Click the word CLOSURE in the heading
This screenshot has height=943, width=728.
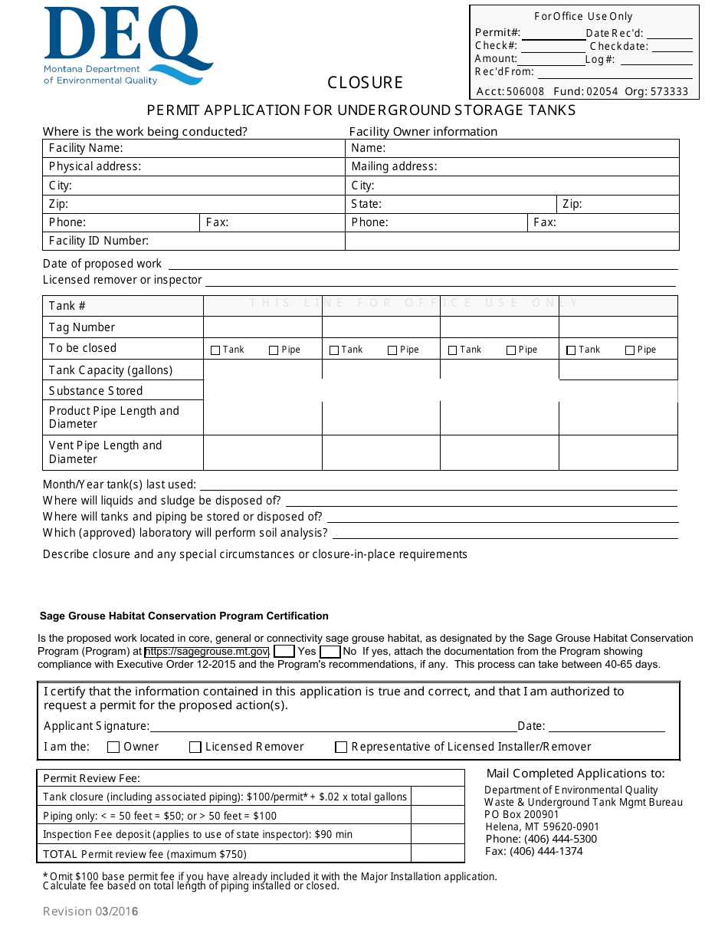[x=365, y=83]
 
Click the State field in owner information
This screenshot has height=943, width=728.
[x=467, y=204]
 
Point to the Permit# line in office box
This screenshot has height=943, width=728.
[x=553, y=34]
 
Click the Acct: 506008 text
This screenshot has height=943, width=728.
[x=510, y=91]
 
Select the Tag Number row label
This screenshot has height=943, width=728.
[x=82, y=327]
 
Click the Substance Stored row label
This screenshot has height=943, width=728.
[x=96, y=391]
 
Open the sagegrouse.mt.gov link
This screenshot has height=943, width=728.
[x=206, y=652]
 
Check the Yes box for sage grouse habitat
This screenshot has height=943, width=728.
[x=284, y=652]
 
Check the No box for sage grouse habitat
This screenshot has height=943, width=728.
[x=330, y=652]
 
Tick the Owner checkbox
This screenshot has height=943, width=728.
[x=113, y=747]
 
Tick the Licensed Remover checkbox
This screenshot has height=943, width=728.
[x=195, y=747]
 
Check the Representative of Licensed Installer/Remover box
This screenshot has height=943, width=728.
[x=342, y=747]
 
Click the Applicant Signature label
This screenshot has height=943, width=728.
[x=97, y=726]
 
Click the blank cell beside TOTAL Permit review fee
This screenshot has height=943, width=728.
[x=438, y=854]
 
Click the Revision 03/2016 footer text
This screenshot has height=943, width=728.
[x=90, y=912]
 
